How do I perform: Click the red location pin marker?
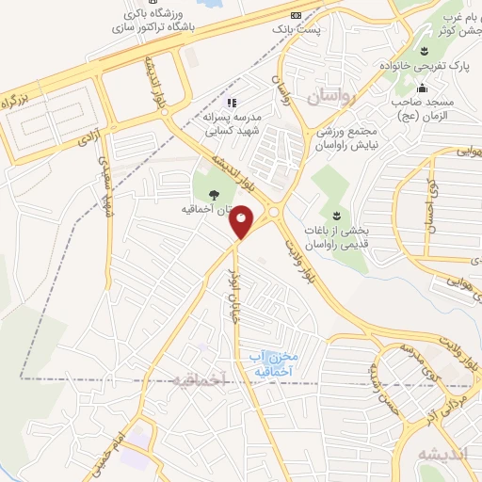tap(243, 222)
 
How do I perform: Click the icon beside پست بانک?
tap(296, 16)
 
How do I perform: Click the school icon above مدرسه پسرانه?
tap(233, 101)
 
